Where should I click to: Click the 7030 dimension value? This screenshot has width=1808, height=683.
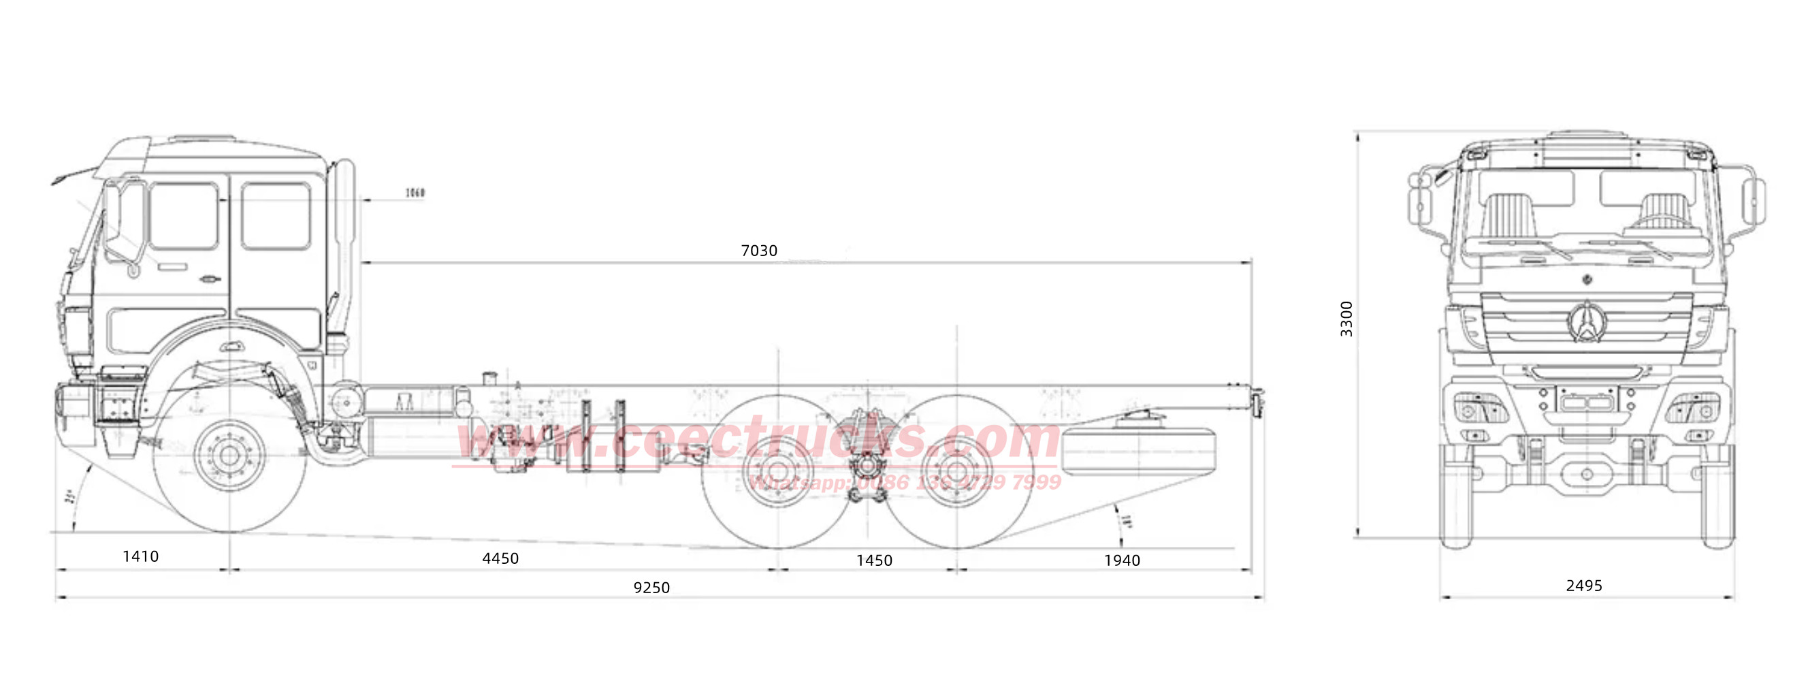[759, 251]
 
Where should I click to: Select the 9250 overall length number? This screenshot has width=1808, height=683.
[651, 588]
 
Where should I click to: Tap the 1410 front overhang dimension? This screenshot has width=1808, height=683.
[140, 556]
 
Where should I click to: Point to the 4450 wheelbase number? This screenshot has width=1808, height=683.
[500, 559]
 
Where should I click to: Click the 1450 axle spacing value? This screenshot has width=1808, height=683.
[874, 561]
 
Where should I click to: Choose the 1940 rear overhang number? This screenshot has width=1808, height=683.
[1122, 561]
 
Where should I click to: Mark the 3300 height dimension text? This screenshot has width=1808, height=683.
[1346, 319]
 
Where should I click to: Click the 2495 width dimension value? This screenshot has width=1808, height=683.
[1584, 586]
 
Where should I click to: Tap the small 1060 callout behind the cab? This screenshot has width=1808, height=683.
[415, 193]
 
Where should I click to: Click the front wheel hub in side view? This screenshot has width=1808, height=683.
[229, 456]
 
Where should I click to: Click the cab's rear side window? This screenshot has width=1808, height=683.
[275, 215]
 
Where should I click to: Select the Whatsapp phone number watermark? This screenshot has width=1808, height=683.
[905, 482]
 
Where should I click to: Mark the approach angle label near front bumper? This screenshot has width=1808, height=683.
[70, 497]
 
